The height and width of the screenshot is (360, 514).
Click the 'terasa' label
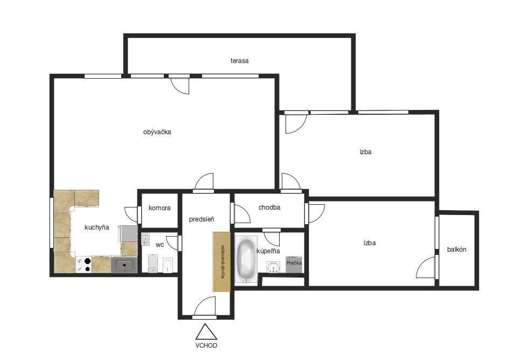tap(239, 61)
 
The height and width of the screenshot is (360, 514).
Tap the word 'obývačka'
tap(157, 132)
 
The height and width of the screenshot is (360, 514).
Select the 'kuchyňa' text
tap(96, 227)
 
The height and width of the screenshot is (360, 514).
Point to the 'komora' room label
tap(159, 208)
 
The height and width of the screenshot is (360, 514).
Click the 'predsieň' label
tap(202, 219)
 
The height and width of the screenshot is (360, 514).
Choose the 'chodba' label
tap(269, 207)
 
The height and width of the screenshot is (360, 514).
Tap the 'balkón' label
tap(457, 249)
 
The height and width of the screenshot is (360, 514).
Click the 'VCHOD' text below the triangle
tap(206, 345)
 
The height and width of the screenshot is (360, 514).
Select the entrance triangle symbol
tap(206, 332)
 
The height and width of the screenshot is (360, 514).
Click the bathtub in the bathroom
tap(246, 259)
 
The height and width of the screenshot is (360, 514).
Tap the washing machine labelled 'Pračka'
tap(294, 264)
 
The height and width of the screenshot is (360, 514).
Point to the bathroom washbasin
tap(273, 267)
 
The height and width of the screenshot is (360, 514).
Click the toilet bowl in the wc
tap(167, 265)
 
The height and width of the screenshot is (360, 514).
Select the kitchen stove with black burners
tap(84, 265)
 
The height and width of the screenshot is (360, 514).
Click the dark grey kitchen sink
tap(124, 265)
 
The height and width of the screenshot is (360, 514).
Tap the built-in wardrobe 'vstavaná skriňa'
tap(221, 261)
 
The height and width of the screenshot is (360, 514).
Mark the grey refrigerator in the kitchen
tap(128, 233)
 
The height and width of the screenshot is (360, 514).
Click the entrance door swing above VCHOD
tap(205, 307)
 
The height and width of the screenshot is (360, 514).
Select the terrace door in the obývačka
tap(180, 85)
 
